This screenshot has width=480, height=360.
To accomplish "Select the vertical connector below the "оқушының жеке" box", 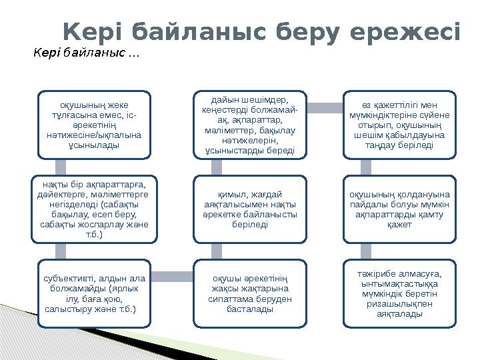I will pyautogui.click(x=61, y=167).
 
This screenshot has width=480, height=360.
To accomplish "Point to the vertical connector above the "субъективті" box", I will pyautogui.click(x=61, y=251).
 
